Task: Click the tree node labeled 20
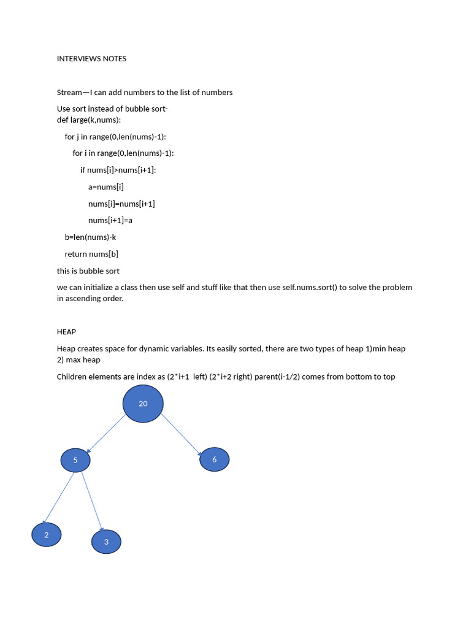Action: point(143,404)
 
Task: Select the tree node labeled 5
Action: point(75,460)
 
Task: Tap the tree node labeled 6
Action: point(214,459)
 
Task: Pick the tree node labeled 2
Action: point(46,535)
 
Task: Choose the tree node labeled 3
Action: point(106,542)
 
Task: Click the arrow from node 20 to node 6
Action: point(181,433)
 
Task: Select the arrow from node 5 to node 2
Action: point(59,498)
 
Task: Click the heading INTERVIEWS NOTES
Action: point(91,59)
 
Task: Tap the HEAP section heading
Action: point(66,332)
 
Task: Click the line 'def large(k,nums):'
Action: point(89,120)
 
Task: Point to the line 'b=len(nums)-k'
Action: point(90,237)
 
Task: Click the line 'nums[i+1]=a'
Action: point(110,220)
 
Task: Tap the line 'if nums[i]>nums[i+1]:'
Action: point(118,170)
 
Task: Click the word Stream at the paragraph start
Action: point(69,93)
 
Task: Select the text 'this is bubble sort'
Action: point(88,271)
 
